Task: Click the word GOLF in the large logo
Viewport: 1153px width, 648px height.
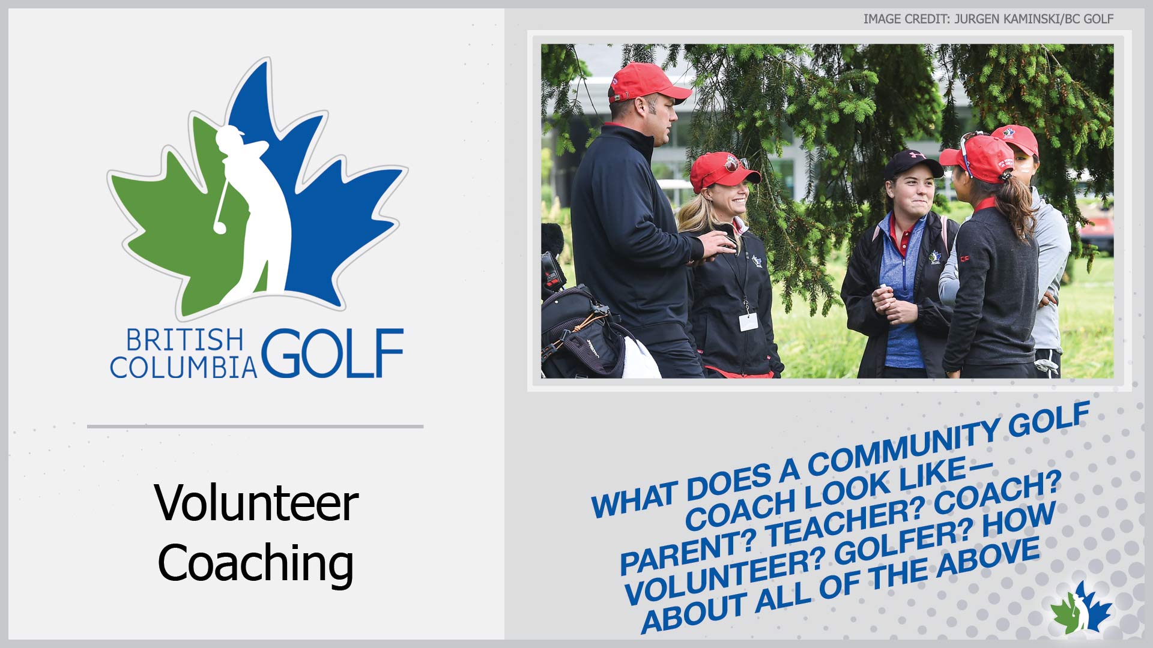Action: [332, 353]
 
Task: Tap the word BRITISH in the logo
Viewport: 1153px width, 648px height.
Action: [184, 340]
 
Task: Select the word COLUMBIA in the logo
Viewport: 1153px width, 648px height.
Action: [183, 367]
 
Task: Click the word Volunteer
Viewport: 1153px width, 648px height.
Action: [256, 503]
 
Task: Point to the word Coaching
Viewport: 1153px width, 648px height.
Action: [256, 563]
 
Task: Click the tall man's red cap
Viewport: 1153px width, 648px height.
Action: [649, 82]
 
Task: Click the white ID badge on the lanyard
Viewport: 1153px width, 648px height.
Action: [748, 322]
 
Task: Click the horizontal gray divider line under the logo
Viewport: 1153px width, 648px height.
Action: [255, 427]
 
